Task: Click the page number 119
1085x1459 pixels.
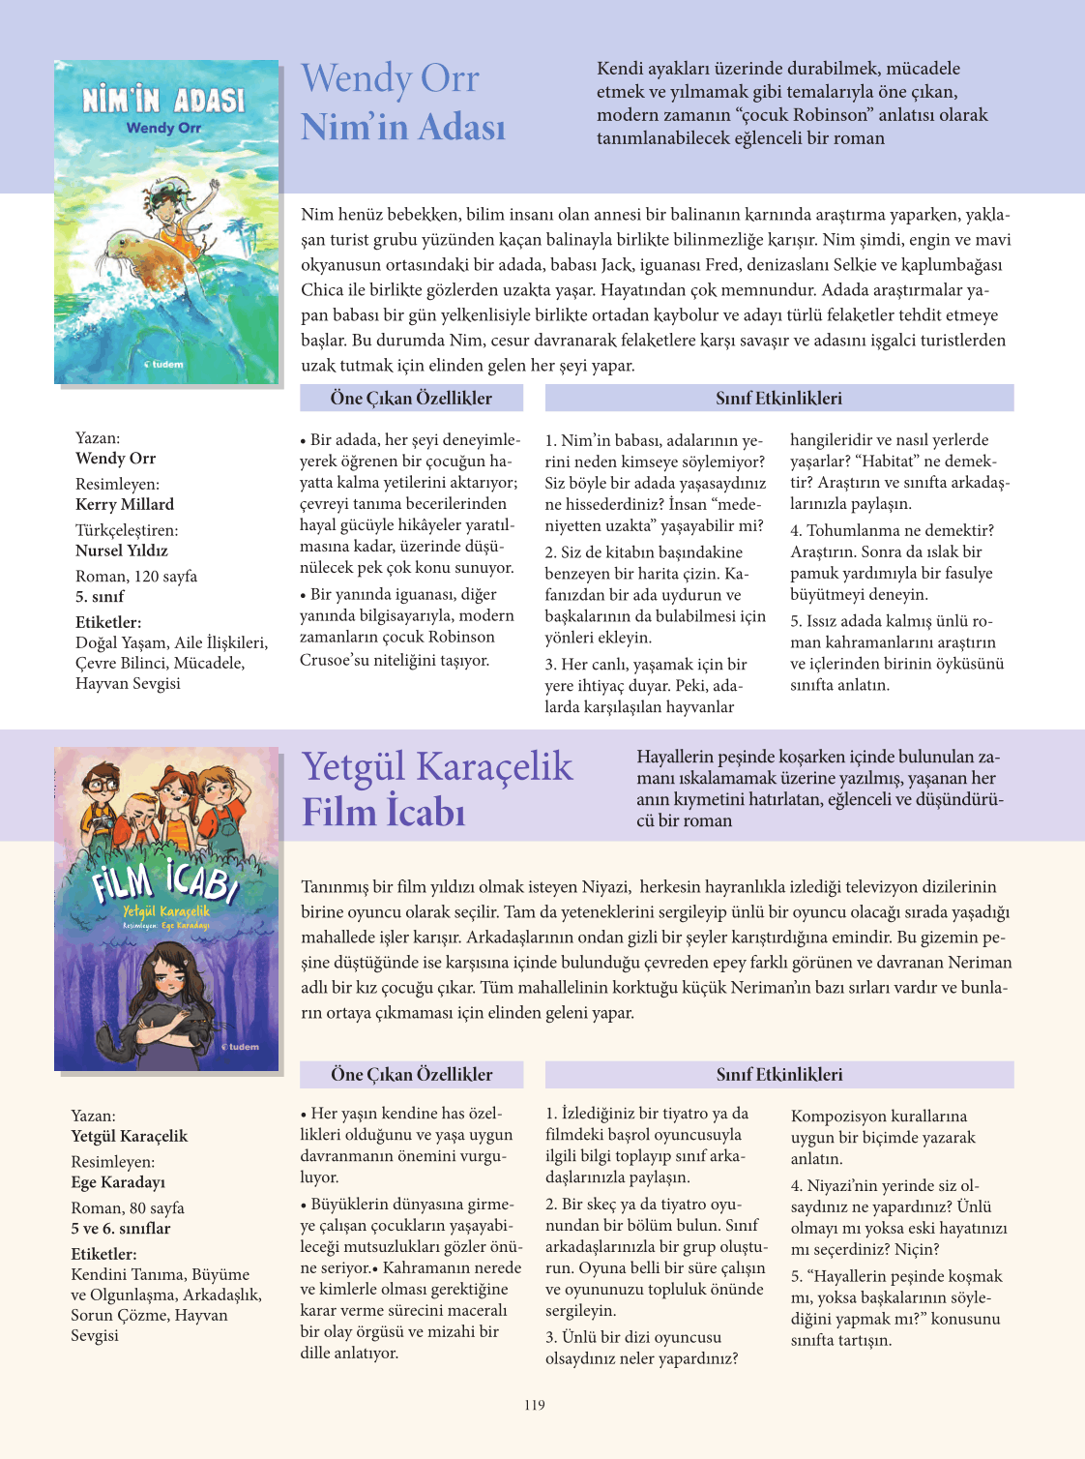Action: click(535, 1405)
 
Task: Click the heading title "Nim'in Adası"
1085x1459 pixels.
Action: click(403, 127)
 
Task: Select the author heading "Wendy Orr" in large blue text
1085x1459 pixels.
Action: click(390, 78)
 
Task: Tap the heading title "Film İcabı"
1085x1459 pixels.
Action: click(384, 812)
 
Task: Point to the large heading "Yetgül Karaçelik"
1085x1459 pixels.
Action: click(437, 766)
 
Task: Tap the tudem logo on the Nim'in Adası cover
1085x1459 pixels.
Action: click(164, 364)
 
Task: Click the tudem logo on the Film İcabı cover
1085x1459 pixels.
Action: click(241, 1046)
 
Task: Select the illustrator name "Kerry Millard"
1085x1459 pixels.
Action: click(125, 504)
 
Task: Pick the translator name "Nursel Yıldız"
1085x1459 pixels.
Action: click(122, 551)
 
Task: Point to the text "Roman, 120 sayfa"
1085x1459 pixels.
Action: click(136, 576)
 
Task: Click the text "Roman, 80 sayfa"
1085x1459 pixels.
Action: click(128, 1207)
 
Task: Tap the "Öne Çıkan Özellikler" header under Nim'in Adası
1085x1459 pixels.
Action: click(411, 398)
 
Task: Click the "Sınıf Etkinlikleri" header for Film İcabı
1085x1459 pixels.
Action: click(778, 1074)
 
